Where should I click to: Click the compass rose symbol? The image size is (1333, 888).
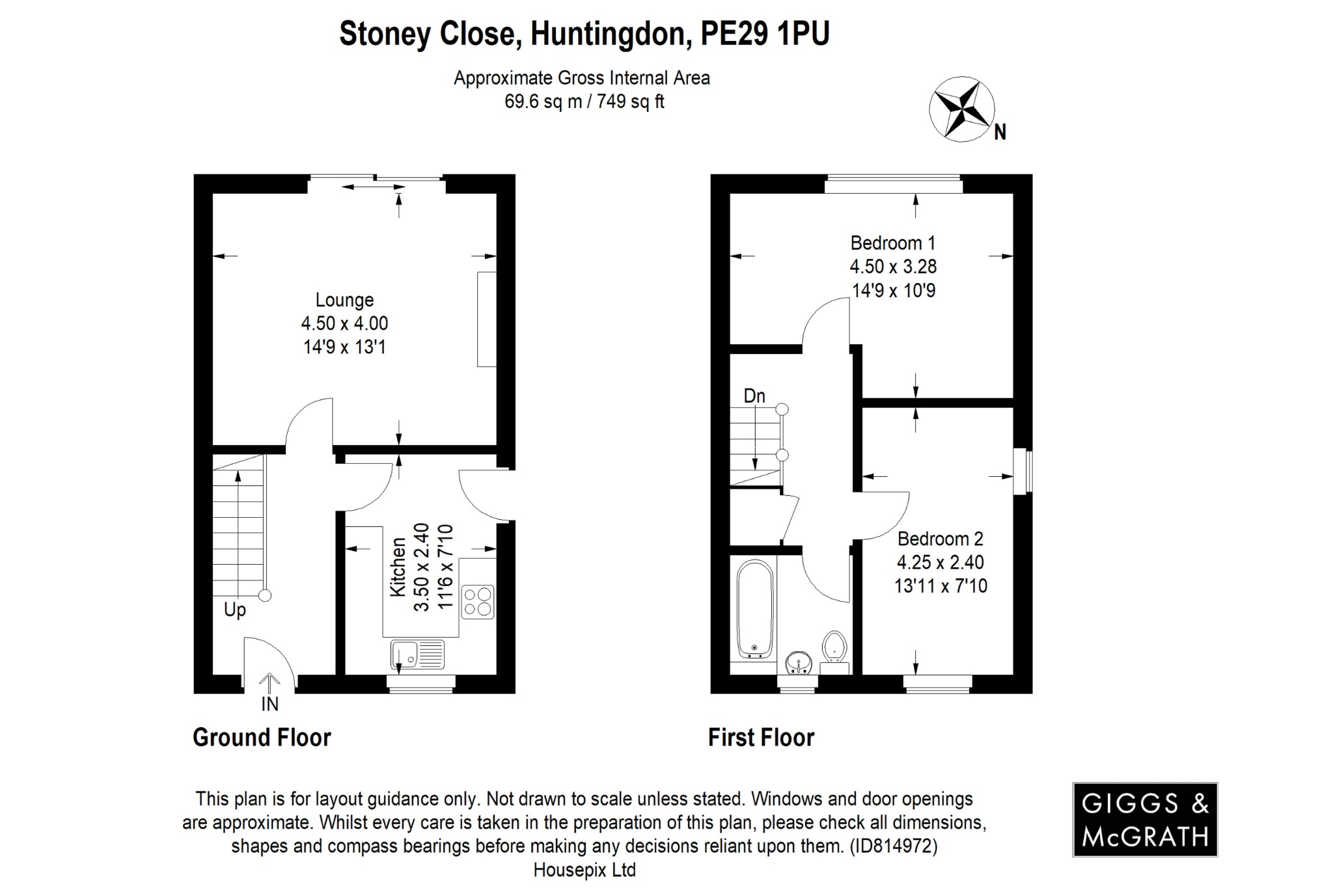tap(961, 110)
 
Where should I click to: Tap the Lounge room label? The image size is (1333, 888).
tap(344, 300)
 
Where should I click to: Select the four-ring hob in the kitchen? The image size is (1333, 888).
tap(478, 602)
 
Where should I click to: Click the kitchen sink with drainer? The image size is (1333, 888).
tap(418, 654)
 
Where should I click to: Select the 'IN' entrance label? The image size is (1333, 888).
tap(269, 704)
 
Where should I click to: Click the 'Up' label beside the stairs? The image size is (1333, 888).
tap(234, 610)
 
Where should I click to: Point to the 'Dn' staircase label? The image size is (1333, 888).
tap(754, 396)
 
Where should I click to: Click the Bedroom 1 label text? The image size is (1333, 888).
tap(892, 243)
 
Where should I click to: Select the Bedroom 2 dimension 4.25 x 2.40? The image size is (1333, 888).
tap(940, 562)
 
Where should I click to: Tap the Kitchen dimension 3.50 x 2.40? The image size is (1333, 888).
tap(422, 567)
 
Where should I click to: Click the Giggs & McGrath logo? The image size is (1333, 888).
tap(1145, 819)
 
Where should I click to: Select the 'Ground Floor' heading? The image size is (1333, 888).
tap(262, 738)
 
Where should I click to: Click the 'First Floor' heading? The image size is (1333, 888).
tap(761, 738)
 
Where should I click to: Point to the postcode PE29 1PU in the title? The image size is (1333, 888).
tap(764, 34)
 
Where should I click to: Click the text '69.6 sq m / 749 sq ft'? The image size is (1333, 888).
tap(584, 102)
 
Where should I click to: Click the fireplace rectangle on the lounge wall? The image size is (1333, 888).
tap(486, 319)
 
